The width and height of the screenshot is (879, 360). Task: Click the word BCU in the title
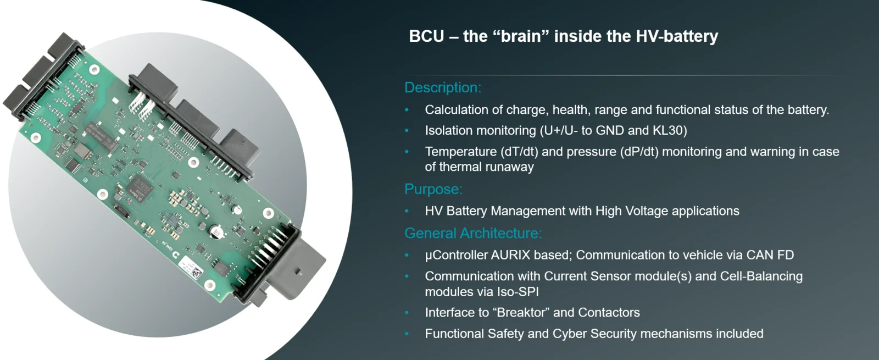(426, 36)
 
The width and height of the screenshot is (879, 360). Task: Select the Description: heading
(443, 87)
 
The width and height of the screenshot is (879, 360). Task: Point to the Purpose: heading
(433, 189)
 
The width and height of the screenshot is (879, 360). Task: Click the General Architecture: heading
(473, 233)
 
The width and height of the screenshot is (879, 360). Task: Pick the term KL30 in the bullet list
(670, 130)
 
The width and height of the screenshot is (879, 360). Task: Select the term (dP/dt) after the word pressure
(639, 152)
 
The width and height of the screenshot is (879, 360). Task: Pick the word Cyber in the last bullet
(569, 334)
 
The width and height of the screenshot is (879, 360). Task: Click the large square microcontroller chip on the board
(140, 187)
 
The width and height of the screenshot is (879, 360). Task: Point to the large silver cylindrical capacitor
(217, 231)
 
